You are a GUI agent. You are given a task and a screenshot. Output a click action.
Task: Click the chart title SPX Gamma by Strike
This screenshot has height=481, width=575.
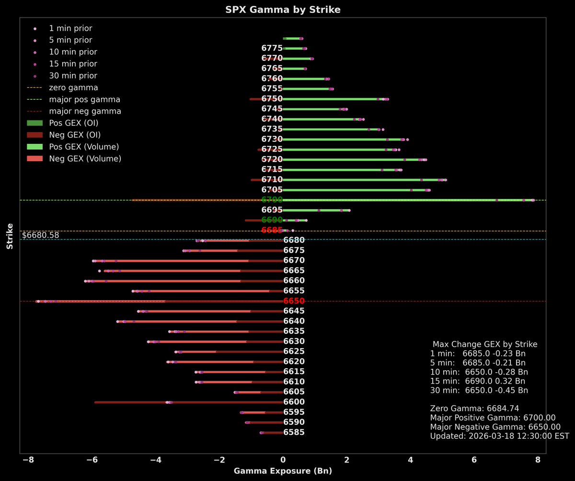coord(283,10)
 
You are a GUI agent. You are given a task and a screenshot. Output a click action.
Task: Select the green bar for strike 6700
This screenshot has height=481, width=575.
coord(407,200)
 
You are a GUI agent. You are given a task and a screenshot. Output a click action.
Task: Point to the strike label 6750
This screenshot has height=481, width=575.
coord(272,99)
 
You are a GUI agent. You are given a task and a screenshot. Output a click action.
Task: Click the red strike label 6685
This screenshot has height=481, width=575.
coord(272,230)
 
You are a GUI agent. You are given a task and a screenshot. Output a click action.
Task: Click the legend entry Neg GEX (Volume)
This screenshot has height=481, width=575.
coord(84,159)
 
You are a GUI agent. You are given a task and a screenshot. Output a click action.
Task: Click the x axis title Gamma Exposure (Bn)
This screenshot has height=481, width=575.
coord(283,471)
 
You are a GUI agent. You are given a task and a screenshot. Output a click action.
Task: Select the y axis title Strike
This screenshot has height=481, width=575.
coord(10,235)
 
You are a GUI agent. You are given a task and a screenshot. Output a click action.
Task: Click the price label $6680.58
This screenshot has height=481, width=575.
coord(41,235)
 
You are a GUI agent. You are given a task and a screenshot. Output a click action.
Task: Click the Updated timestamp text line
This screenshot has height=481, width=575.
coord(499,436)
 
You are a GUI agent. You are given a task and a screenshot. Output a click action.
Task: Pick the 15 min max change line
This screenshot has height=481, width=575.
coord(478,381)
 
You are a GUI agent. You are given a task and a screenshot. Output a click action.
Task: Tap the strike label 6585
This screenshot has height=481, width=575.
coord(294,433)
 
